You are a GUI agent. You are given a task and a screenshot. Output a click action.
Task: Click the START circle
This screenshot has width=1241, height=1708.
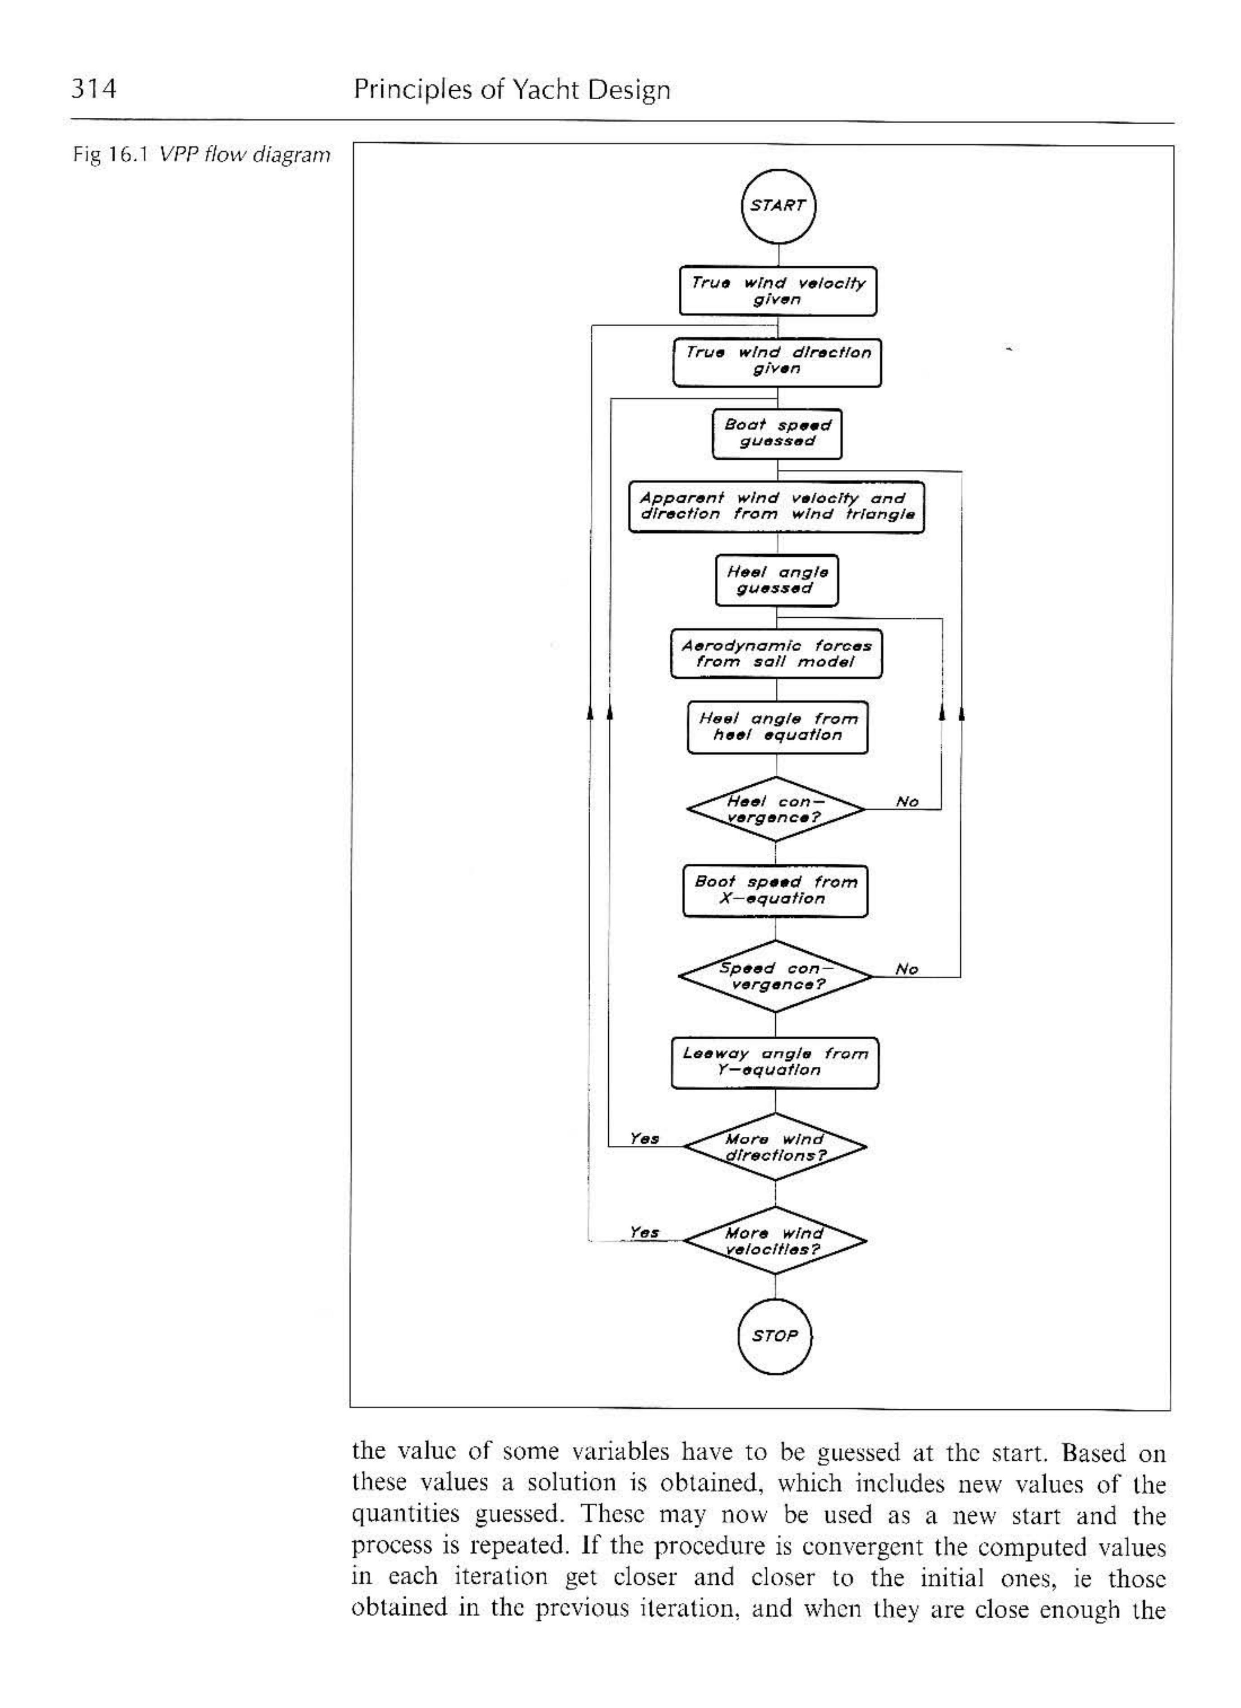pyautogui.click(x=778, y=206)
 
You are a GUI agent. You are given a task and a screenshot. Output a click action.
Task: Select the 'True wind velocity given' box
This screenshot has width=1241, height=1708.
pyautogui.click(x=778, y=291)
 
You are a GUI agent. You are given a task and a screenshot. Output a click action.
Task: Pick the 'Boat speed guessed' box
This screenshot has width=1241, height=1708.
pyautogui.click(x=777, y=433)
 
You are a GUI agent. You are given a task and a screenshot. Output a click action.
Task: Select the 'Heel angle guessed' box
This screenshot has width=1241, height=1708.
pyautogui.click(x=776, y=580)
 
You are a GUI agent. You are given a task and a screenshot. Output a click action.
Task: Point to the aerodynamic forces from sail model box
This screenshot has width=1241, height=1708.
pyautogui.click(x=776, y=654)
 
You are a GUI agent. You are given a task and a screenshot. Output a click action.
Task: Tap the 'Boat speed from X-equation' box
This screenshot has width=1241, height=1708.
pyautogui.click(x=776, y=891)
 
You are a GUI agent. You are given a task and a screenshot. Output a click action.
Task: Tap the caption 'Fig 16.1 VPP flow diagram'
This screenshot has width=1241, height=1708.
pyautogui.click(x=201, y=155)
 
